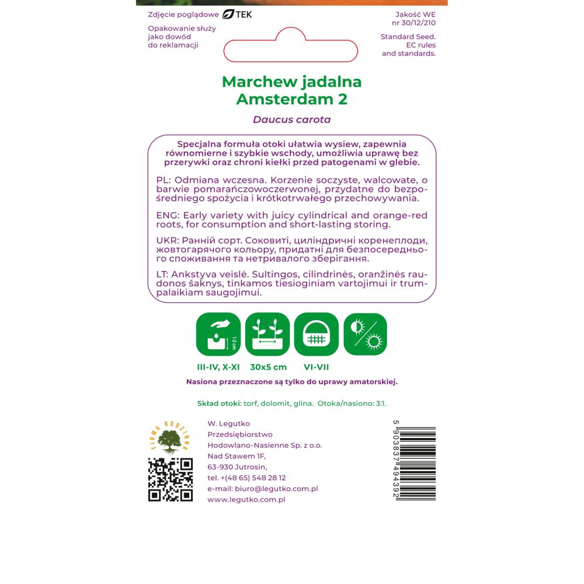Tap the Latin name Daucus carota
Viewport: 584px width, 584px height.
[291, 120]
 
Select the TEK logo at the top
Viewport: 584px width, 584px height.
[237, 14]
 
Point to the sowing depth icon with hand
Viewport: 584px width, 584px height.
[218, 334]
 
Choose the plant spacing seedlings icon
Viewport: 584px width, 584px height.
[267, 334]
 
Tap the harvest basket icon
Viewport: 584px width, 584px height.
[316, 334]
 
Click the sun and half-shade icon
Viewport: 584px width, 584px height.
[365, 334]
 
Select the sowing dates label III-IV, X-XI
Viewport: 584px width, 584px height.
[218, 367]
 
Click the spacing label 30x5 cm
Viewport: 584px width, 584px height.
[268, 367]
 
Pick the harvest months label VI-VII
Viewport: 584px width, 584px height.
[316, 367]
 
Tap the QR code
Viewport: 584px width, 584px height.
[170, 479]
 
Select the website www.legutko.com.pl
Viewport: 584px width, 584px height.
[246, 499]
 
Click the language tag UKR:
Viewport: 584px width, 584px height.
[168, 241]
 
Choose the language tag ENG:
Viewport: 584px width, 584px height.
[168, 215]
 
